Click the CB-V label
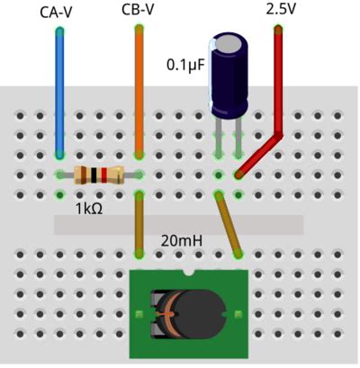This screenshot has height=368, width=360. (137, 10)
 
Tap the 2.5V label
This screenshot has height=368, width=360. (281, 10)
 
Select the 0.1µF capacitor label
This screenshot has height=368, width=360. (185, 65)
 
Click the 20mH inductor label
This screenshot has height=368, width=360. (181, 241)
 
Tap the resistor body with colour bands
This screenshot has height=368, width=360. (98, 175)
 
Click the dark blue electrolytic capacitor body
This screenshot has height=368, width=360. (229, 81)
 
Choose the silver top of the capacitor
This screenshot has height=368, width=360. (229, 40)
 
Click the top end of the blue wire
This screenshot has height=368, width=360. (59, 31)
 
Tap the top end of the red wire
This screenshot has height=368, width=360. (277, 31)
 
